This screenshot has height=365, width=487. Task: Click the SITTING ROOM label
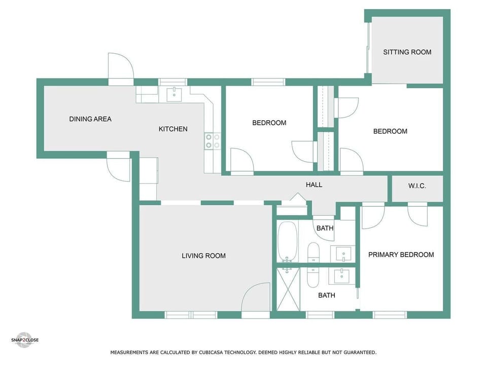tap(407, 52)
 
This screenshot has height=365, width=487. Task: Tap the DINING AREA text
tap(90, 119)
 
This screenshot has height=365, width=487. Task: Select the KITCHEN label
tap(173, 129)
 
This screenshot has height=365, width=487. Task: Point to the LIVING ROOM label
tap(203, 255)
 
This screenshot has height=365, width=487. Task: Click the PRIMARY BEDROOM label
tap(401, 254)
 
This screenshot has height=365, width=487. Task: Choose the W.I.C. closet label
tap(417, 186)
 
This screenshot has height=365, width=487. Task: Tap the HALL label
tap(314, 185)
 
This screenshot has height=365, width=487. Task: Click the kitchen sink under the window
tap(175, 93)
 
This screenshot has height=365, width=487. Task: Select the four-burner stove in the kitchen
tap(213, 141)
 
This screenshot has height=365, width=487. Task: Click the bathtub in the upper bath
tap(287, 242)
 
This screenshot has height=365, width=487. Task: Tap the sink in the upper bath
tap(343, 253)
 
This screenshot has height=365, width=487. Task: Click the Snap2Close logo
tap(25, 340)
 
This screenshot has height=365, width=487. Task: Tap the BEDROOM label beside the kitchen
tap(269, 123)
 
